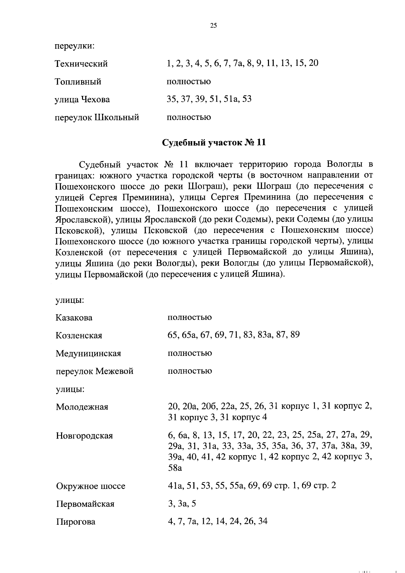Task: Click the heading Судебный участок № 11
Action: coord(214,143)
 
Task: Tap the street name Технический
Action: coord(81,64)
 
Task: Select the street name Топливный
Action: coord(78,82)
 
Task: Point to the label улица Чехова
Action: coord(82,100)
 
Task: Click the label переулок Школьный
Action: coord(97,118)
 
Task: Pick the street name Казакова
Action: coord(74,318)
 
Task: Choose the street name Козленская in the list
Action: coord(79,336)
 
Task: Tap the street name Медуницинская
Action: coord(88,354)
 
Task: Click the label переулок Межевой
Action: coord(94,371)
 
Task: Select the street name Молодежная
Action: coord(82,407)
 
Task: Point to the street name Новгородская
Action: coord(84,436)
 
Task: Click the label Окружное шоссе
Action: coord(90,486)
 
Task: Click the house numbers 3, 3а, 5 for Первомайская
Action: coord(182,504)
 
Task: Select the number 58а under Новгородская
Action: coord(175,468)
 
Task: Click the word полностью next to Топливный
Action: coord(189,82)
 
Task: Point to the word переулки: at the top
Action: coord(75,46)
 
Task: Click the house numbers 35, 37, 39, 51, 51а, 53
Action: coord(209,99)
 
